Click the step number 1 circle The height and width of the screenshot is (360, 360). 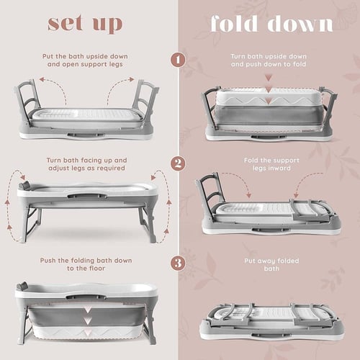pyautogui.click(x=178, y=60)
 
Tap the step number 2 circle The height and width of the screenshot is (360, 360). pyautogui.click(x=178, y=163)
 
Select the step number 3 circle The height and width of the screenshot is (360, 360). pyautogui.click(x=178, y=263)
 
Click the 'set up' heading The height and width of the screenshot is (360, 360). pyautogui.click(x=85, y=24)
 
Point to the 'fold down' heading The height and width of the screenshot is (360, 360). pyautogui.click(x=272, y=23)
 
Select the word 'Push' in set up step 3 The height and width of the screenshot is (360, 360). pyautogui.click(x=48, y=261)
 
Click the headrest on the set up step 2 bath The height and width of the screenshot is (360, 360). pyautogui.click(x=24, y=185)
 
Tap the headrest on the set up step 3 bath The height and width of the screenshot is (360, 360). pyautogui.click(x=22, y=286)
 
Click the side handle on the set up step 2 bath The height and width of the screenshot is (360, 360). pyautogui.click(x=87, y=196)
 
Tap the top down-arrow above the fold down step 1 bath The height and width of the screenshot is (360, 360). pyautogui.click(x=269, y=78)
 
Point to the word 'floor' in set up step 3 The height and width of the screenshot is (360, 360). pyautogui.click(x=97, y=269)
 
